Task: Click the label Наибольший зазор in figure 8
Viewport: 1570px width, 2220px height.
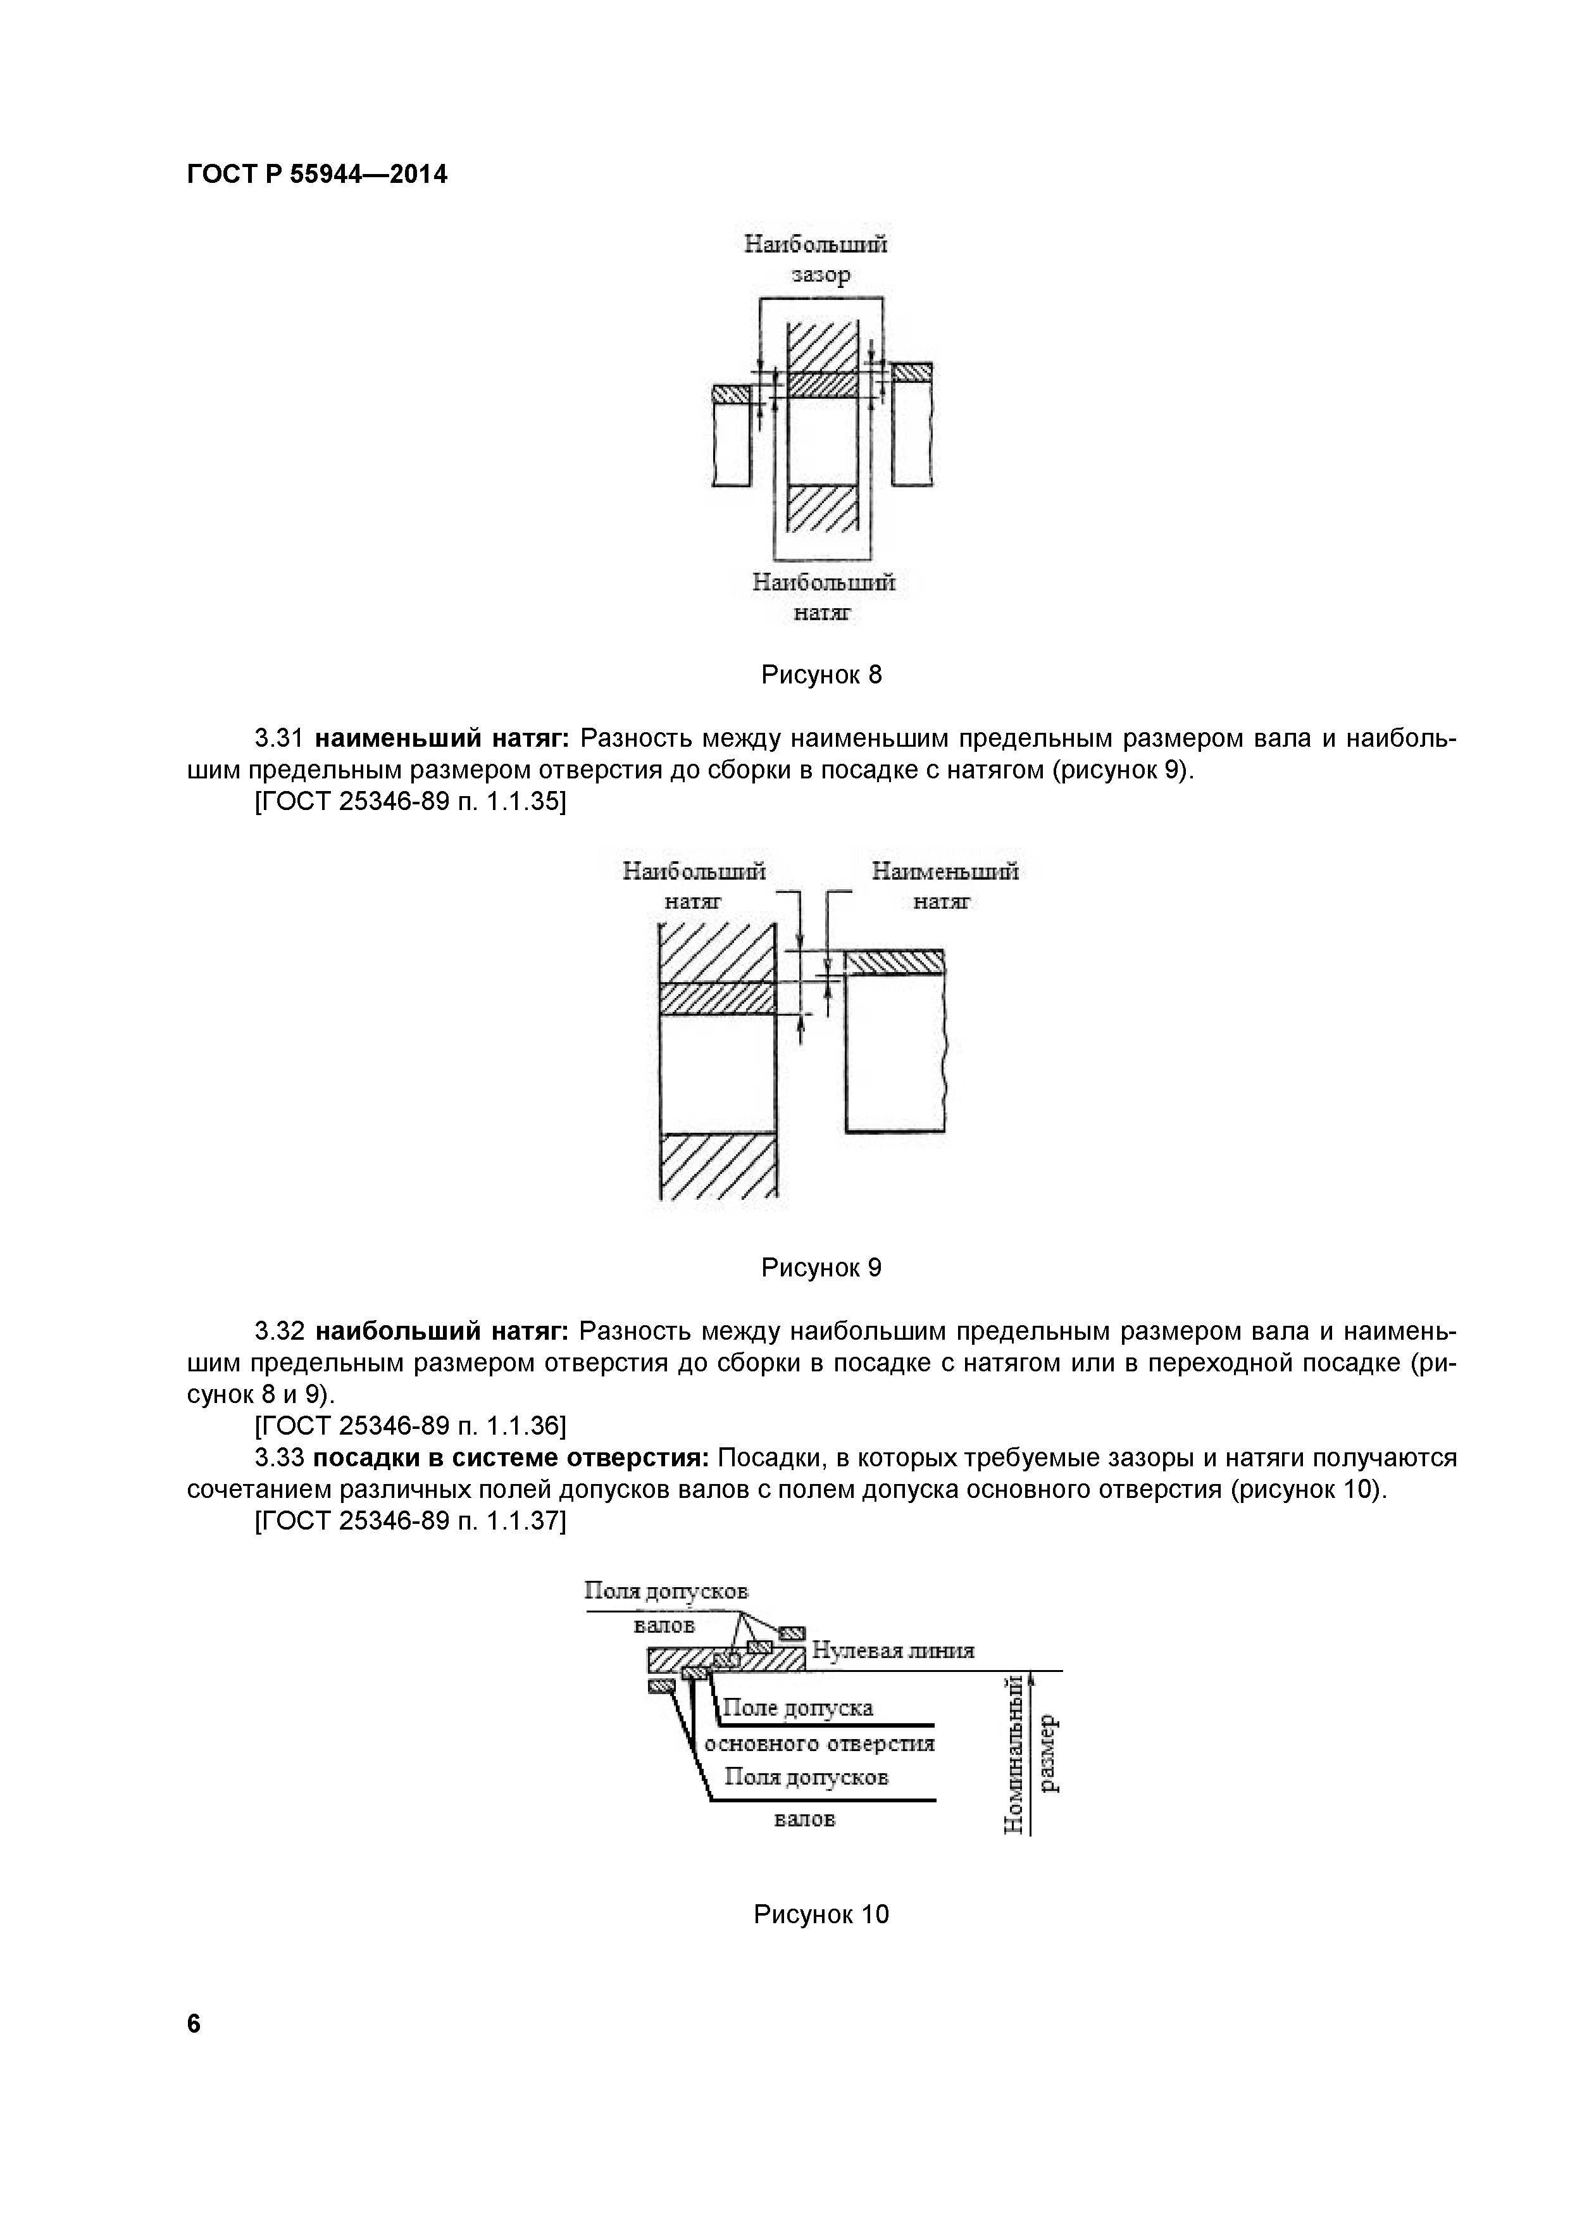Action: (x=816, y=259)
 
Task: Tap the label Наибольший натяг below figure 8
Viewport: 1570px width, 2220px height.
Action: (x=824, y=597)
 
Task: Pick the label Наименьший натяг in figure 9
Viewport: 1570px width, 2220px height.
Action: (x=945, y=887)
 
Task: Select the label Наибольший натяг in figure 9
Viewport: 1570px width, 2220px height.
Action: (x=694, y=887)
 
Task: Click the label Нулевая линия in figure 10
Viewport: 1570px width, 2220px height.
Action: (x=892, y=1650)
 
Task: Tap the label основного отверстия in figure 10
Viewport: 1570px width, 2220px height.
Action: (x=819, y=1743)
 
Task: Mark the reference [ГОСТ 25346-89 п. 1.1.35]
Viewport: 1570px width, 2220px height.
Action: (x=410, y=802)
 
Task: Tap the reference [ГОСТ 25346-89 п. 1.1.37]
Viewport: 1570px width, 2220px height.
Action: (x=410, y=1521)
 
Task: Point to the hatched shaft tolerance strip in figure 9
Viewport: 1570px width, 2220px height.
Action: (x=894, y=962)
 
